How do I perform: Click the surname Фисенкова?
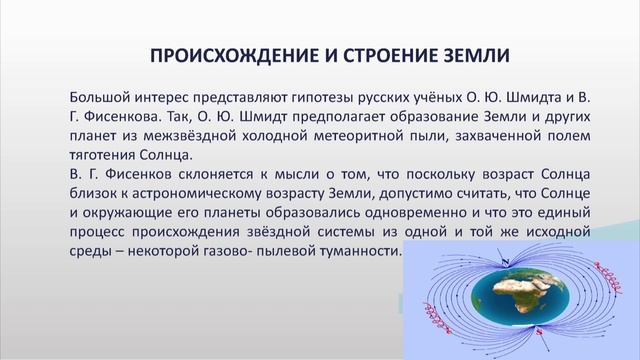pyautogui.click(x=120, y=117)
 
